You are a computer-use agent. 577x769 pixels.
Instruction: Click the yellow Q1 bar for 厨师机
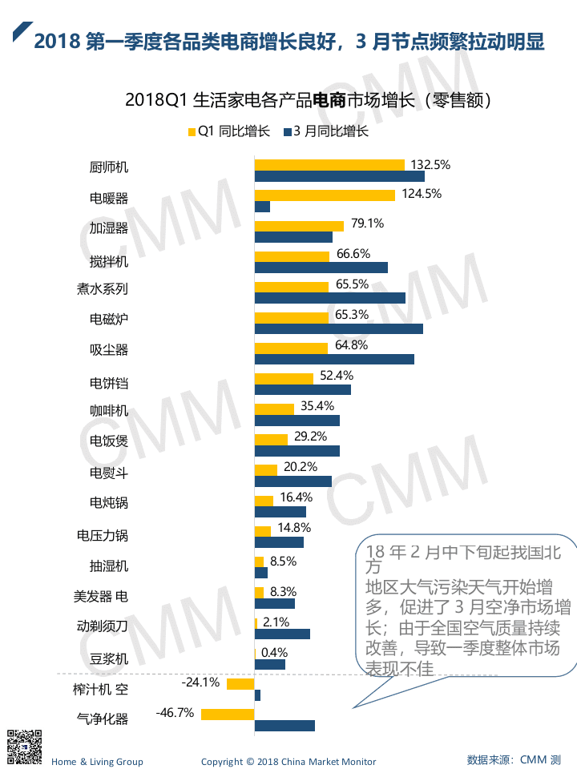[x=329, y=165]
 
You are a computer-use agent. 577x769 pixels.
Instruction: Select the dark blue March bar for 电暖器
[x=262, y=207]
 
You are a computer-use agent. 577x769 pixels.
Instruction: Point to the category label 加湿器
[x=108, y=228]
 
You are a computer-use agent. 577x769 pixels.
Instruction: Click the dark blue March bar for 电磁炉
[x=338, y=328]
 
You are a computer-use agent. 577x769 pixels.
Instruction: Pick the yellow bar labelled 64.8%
[x=291, y=348]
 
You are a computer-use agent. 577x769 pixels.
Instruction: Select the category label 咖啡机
[x=108, y=411]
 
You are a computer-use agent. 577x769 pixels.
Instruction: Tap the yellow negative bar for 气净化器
[x=228, y=714]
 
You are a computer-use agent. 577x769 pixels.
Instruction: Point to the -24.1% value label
[x=200, y=682]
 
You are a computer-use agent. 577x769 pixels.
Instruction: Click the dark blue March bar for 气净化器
[x=284, y=726]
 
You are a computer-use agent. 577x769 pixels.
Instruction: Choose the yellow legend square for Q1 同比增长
[x=191, y=132]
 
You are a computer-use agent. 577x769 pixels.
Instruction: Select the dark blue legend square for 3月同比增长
[x=288, y=132]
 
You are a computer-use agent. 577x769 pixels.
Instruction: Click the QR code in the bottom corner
[x=24, y=746]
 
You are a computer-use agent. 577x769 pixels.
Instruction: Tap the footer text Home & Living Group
[x=97, y=761]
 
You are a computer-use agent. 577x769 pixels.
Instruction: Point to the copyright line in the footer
[x=288, y=761]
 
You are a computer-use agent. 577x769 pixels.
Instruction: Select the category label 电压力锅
[x=102, y=534]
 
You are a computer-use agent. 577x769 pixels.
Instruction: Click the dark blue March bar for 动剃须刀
[x=282, y=634]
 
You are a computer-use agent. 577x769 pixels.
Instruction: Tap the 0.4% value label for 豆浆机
[x=273, y=652]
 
